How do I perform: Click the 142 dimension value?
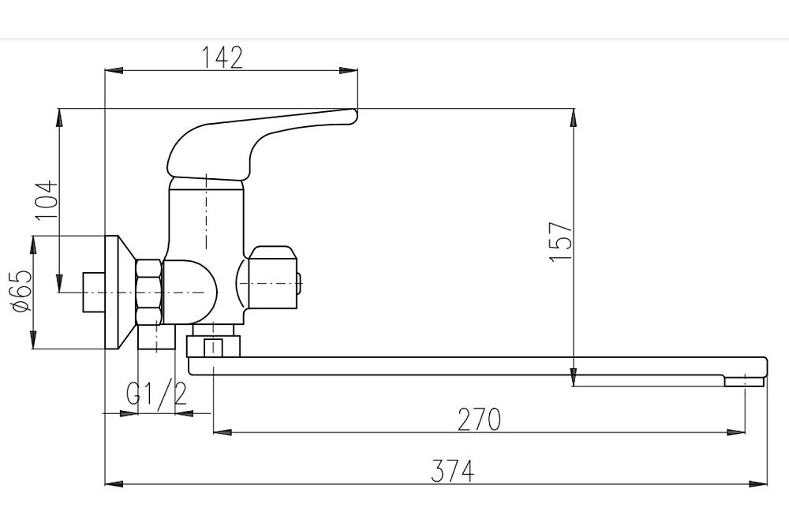[x=222, y=58]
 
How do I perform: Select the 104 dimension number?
[x=47, y=200]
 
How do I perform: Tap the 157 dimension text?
[x=561, y=241]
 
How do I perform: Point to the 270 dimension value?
[x=479, y=420]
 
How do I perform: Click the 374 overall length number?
[x=453, y=471]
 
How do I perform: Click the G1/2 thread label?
[x=156, y=394]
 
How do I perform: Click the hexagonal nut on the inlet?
[x=149, y=291]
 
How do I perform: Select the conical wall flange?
[x=120, y=292]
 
